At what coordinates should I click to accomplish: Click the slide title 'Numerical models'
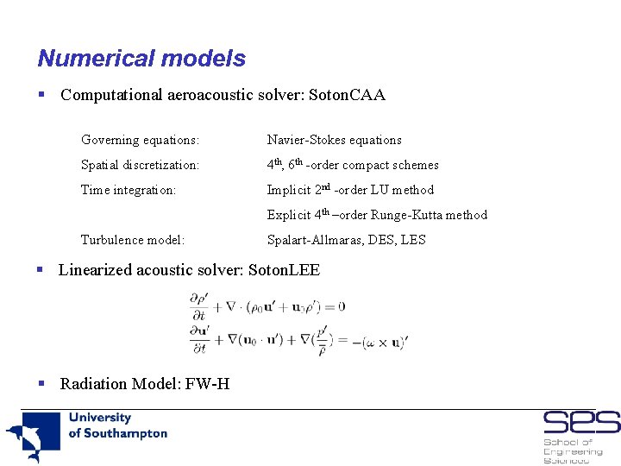(141, 59)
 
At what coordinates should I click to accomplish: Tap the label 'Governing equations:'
(140, 140)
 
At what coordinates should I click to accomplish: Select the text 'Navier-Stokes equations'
(334, 140)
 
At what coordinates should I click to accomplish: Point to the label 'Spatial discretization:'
(140, 165)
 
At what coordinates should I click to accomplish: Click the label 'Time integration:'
(129, 190)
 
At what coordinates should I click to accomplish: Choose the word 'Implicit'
(287, 190)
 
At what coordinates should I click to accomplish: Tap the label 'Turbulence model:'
(133, 240)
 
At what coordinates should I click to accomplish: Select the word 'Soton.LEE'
(284, 270)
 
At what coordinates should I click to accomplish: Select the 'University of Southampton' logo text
(117, 425)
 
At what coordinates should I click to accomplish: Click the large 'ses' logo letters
(580, 423)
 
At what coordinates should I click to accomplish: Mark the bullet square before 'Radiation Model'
(41, 383)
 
